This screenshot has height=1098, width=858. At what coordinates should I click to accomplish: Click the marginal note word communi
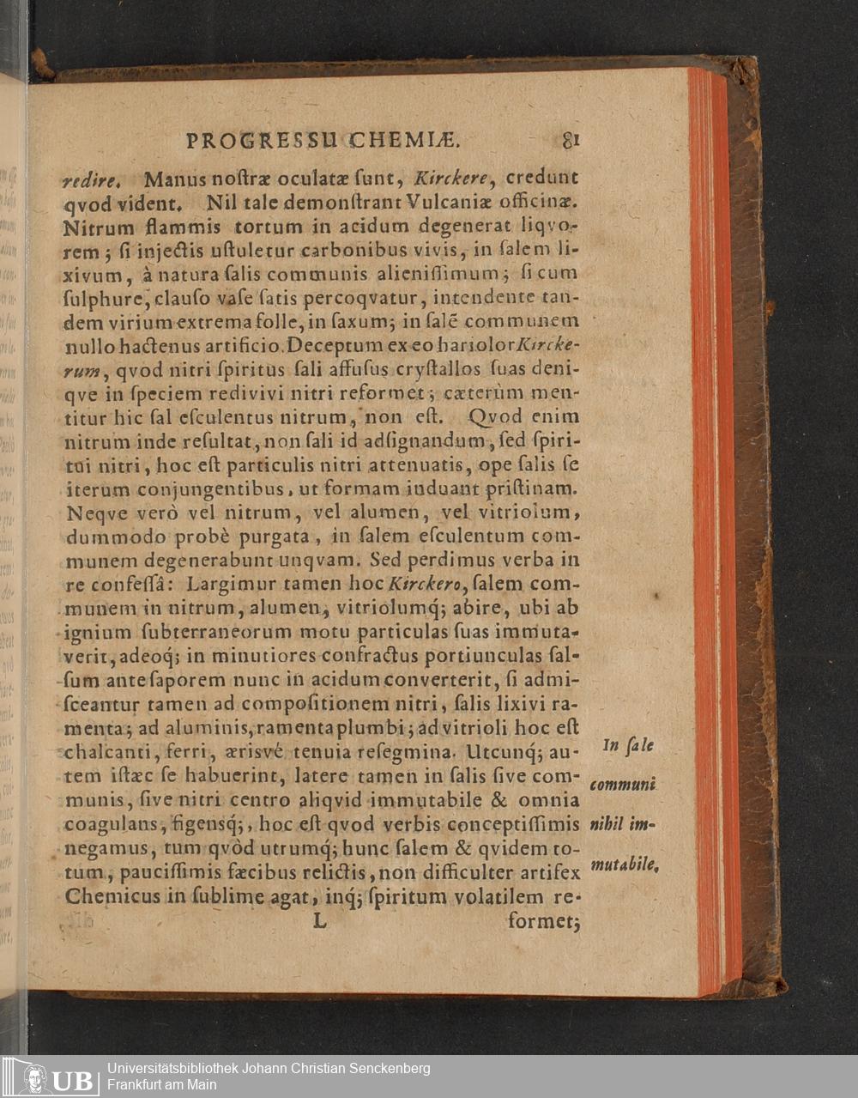(x=623, y=785)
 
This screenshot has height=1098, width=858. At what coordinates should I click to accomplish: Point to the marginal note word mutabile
(x=625, y=864)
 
